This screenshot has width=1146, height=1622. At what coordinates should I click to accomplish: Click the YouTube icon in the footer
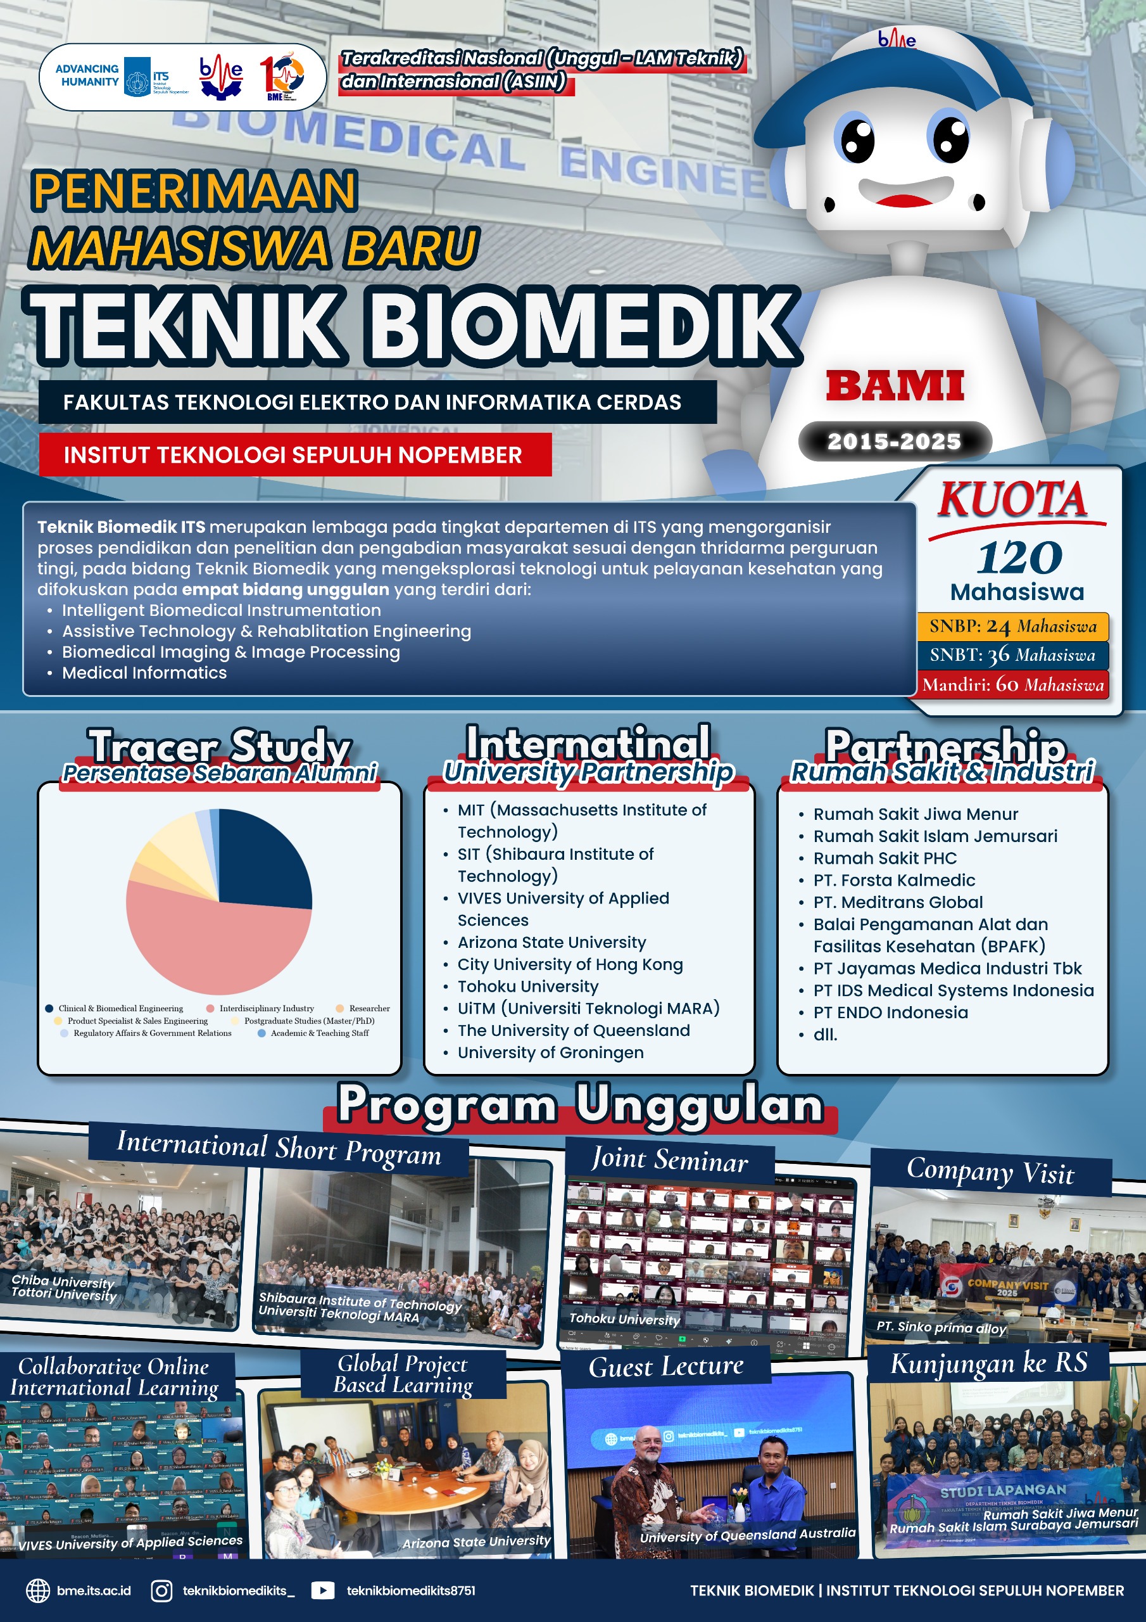coord(323,1590)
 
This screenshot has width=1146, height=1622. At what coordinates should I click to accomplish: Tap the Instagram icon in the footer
coord(161,1590)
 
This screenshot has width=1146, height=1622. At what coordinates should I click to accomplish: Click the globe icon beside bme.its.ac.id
coord(38,1590)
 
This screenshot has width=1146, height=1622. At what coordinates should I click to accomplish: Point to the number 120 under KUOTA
coord(1019,558)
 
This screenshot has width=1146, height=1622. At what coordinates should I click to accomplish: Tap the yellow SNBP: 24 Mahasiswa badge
coord(1012,627)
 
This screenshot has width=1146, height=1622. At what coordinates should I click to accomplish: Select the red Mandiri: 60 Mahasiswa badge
coord(1012,684)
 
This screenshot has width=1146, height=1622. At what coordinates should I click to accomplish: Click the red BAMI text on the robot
coord(895,386)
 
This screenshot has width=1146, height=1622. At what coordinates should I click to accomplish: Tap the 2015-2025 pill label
coord(894,442)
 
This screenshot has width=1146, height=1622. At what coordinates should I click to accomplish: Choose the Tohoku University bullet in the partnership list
coord(527,987)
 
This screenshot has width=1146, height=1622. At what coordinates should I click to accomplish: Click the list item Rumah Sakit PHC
coord(885,858)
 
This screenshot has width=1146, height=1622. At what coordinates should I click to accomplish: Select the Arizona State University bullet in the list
coord(551,942)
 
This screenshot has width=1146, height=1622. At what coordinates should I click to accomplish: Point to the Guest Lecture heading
coord(666,1366)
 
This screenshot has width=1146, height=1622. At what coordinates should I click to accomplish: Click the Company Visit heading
coord(990,1172)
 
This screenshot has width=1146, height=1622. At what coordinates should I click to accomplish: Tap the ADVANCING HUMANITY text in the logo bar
coord(87,75)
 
